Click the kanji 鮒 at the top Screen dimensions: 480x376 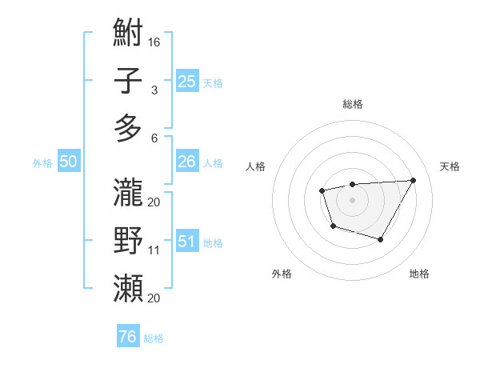pos(128,34)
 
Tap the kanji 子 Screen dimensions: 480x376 pos(128,82)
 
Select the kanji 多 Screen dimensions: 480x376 pos(128,129)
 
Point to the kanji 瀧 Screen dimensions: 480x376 pos(128,193)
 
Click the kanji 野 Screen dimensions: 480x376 pos(128,241)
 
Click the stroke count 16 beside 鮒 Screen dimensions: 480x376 pos(154,42)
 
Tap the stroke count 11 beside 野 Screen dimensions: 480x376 pos(154,250)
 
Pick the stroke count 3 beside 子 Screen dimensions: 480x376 pos(154,90)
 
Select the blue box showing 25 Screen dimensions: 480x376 pos(187,82)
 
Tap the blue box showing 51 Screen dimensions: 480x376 pos(187,242)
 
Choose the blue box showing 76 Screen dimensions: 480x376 pos(128,337)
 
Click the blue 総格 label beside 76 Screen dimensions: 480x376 pos(154,338)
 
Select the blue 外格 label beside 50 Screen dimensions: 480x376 pos(42,163)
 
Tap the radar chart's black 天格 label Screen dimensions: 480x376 pos(450,166)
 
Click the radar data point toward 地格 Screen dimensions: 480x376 pos(381,239)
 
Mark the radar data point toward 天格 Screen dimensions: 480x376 pos(413,180)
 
